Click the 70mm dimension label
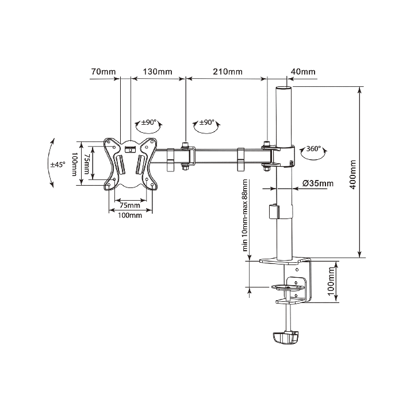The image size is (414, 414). click(103, 72)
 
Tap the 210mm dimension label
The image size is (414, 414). click(228, 72)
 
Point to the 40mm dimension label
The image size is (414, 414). click(303, 72)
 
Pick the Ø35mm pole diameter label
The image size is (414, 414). click(317, 184)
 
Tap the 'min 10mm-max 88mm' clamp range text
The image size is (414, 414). click(246, 216)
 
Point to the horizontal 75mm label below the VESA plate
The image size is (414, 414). click(129, 205)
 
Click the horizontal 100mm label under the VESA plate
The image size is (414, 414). click(129, 216)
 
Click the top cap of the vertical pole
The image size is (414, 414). click(282, 89)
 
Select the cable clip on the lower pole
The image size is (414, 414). click(273, 211)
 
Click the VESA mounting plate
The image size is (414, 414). click(130, 163)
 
